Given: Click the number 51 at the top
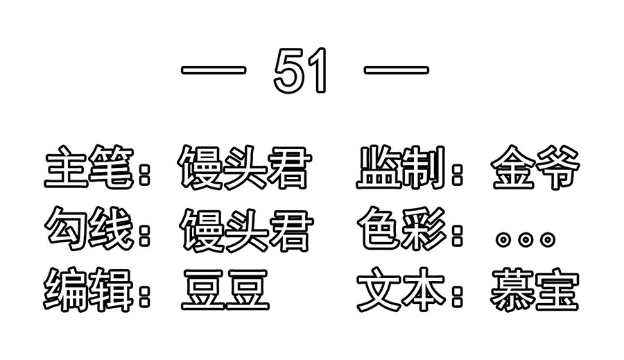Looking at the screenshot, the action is [x=300, y=71].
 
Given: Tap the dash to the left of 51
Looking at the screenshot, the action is [x=214, y=71].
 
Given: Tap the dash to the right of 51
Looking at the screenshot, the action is [x=397, y=71].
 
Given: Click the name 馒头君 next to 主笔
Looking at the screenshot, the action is [x=244, y=167].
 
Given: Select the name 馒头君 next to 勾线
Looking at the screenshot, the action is [x=246, y=229].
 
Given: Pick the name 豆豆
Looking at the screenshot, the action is [x=225, y=289].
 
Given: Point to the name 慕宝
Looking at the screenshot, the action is [x=535, y=289].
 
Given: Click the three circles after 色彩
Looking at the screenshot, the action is [x=526, y=239].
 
